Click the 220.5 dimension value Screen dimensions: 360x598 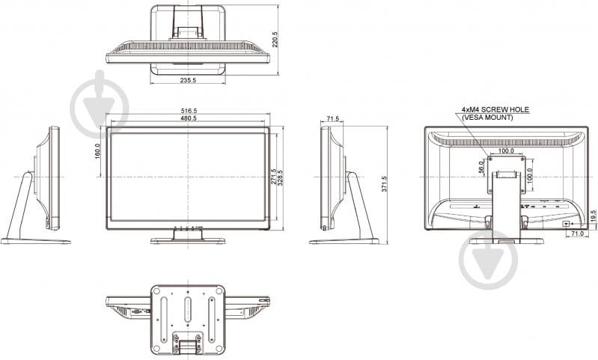tap(275, 39)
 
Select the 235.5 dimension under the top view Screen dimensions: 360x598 tap(188, 81)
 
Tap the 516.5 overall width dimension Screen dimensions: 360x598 tap(188, 111)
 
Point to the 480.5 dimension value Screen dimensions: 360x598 tap(188, 118)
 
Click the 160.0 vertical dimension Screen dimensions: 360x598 tap(98, 150)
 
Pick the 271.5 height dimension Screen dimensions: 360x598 tap(274, 178)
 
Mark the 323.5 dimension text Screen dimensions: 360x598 tap(281, 178)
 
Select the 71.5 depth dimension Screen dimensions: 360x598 tap(332, 118)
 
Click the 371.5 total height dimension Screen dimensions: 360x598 tap(385, 184)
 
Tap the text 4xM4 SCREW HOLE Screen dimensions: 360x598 tap(494, 109)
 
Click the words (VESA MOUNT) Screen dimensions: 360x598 tap(487, 118)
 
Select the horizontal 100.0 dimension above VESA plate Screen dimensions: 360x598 tap(506, 150)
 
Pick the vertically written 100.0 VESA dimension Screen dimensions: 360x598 tap(530, 176)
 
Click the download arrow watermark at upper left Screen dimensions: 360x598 tap(99, 105)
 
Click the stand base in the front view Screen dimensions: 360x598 tap(187, 241)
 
